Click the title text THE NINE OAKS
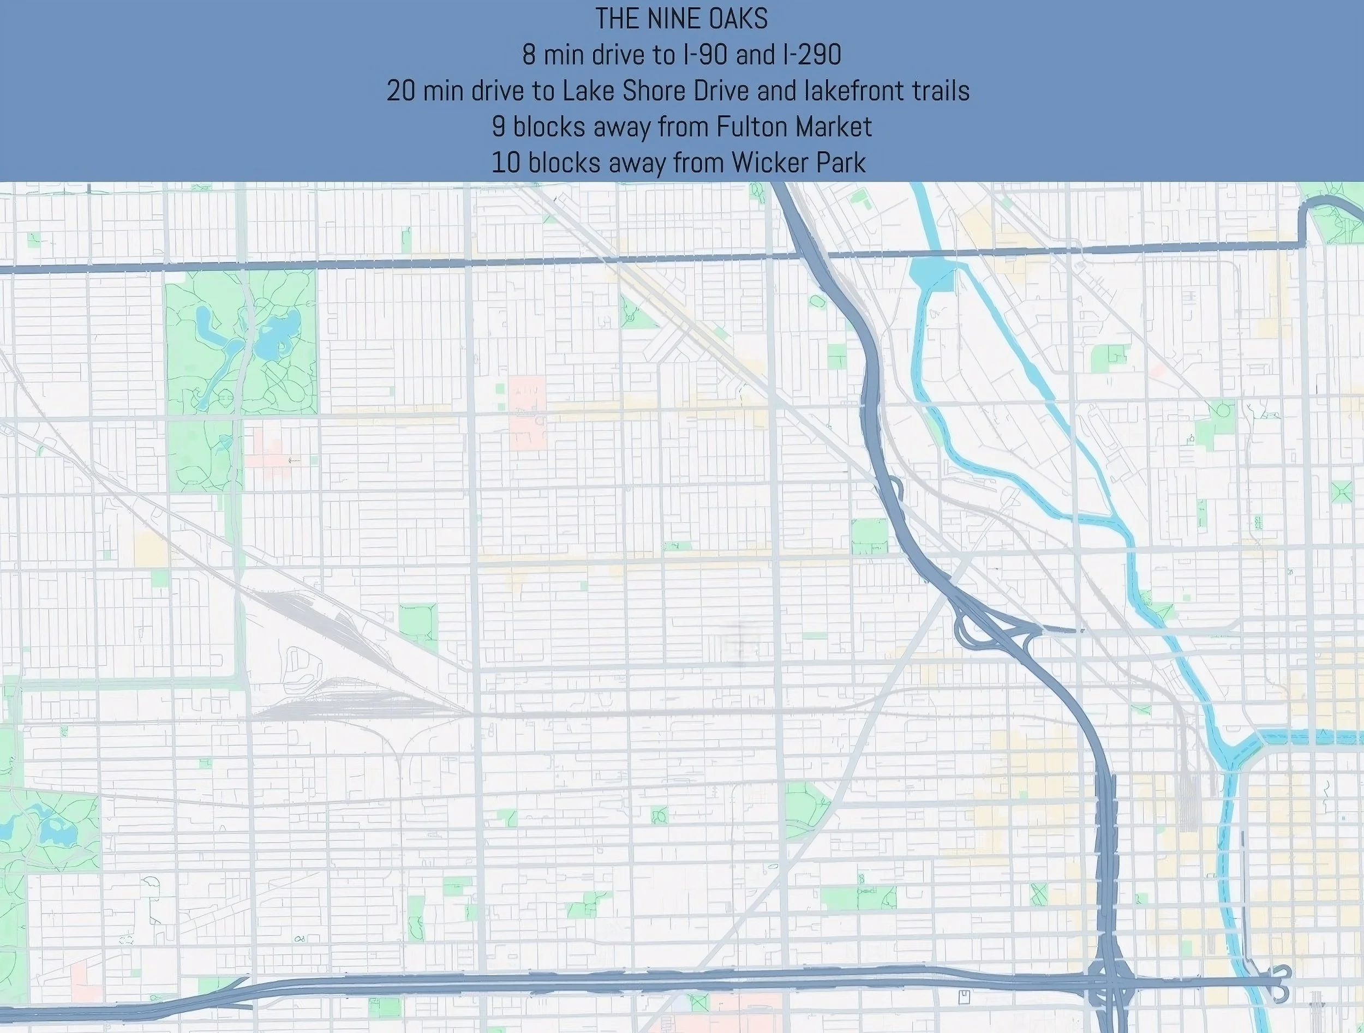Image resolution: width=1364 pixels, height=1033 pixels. [x=681, y=19]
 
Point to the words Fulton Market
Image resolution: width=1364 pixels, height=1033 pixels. [x=794, y=127]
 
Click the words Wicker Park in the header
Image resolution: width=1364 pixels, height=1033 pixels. [x=799, y=163]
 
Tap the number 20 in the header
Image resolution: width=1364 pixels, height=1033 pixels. [x=401, y=91]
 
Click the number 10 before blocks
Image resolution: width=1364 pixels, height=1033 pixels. [x=506, y=163]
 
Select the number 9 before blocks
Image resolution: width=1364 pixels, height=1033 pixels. [x=498, y=127]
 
